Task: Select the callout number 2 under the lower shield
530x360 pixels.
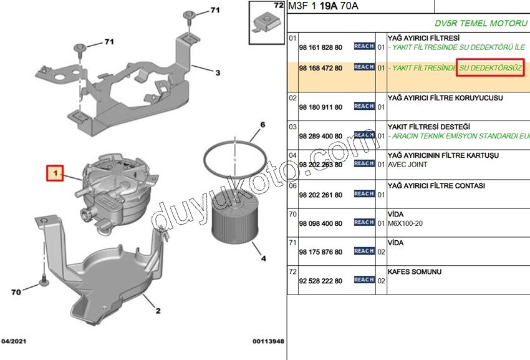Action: (x=158, y=310)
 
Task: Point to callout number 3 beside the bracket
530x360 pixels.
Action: (x=218, y=73)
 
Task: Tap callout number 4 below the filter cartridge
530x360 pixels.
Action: (x=263, y=258)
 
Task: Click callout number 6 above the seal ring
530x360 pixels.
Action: (x=263, y=125)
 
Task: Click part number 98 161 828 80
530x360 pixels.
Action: (x=320, y=47)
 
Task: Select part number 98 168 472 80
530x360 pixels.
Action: (x=320, y=67)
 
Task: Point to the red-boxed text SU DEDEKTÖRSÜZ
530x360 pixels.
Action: (x=490, y=67)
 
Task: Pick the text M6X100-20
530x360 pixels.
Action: (x=405, y=223)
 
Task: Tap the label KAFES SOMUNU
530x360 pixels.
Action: (x=414, y=272)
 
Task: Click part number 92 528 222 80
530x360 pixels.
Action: (x=320, y=281)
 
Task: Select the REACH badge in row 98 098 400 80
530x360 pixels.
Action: (x=364, y=222)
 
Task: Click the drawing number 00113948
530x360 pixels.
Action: (x=268, y=341)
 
